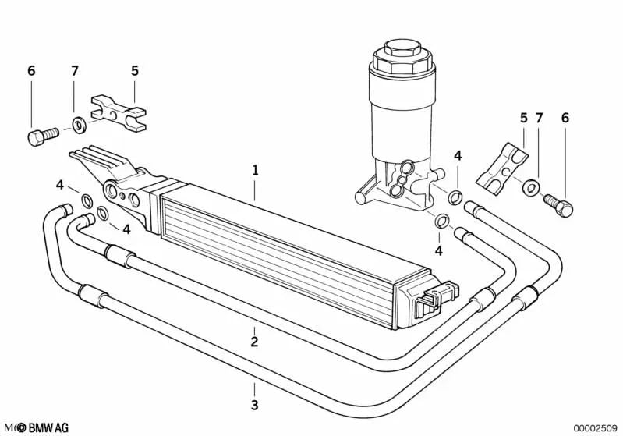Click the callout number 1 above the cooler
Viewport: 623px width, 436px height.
(x=254, y=169)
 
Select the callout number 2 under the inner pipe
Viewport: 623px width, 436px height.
(x=254, y=341)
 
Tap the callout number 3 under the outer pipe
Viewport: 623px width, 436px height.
(x=254, y=405)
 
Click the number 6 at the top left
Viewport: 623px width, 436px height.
(x=31, y=71)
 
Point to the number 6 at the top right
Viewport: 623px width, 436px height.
(x=565, y=118)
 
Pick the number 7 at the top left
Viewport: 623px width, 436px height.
(x=75, y=71)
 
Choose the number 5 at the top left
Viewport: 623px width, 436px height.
(x=134, y=71)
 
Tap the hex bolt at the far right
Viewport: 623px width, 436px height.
(x=559, y=204)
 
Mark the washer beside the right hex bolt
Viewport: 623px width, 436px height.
(x=531, y=188)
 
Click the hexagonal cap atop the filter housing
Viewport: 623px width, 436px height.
(x=396, y=57)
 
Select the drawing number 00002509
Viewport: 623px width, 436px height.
(x=594, y=427)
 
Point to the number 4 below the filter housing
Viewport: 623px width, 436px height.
(x=438, y=250)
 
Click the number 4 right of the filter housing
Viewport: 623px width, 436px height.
(x=458, y=156)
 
